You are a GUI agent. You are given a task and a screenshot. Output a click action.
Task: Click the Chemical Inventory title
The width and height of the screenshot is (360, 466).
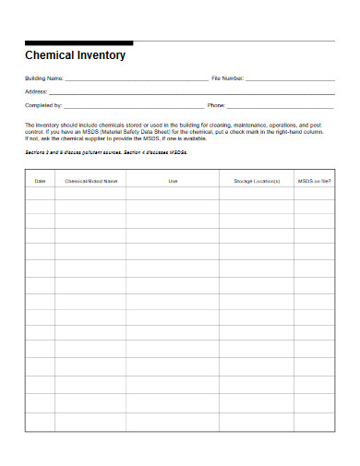[75, 55]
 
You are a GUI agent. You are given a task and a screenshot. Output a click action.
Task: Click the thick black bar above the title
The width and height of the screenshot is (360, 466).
[78, 42]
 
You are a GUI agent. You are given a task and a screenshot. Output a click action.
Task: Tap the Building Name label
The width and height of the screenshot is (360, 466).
[43, 78]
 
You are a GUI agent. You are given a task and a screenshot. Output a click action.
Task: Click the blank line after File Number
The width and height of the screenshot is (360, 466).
[290, 80]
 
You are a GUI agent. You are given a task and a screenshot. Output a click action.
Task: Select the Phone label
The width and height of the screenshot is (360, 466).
[217, 105]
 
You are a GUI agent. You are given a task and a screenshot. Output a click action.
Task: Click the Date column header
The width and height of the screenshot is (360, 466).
[40, 182]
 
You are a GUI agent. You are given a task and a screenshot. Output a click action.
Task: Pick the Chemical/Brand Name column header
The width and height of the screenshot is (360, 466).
[91, 182]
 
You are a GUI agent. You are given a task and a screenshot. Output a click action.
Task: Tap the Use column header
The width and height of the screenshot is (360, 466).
[173, 182]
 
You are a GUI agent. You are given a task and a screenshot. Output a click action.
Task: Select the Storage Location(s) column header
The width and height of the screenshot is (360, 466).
[257, 182]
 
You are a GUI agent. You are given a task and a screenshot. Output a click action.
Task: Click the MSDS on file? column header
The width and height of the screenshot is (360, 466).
[315, 182]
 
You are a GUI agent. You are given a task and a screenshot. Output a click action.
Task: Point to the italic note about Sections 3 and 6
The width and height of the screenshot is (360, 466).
[106, 153]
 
